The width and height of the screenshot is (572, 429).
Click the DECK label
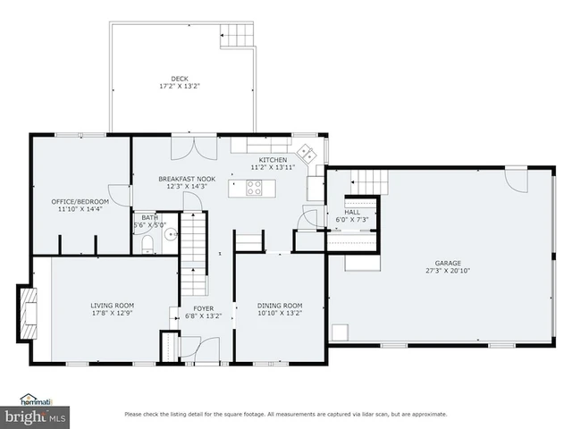(180, 78)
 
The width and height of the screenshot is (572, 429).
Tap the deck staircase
(237, 37)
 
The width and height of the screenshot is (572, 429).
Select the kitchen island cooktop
(254, 188)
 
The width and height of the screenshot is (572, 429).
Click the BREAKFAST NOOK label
(187, 178)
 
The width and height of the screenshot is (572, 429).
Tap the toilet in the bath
(149, 242)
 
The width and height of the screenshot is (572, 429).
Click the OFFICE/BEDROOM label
(80, 201)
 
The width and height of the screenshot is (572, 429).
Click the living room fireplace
(29, 314)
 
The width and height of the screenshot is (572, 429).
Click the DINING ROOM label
(280, 306)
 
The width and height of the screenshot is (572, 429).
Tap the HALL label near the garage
(352, 212)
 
